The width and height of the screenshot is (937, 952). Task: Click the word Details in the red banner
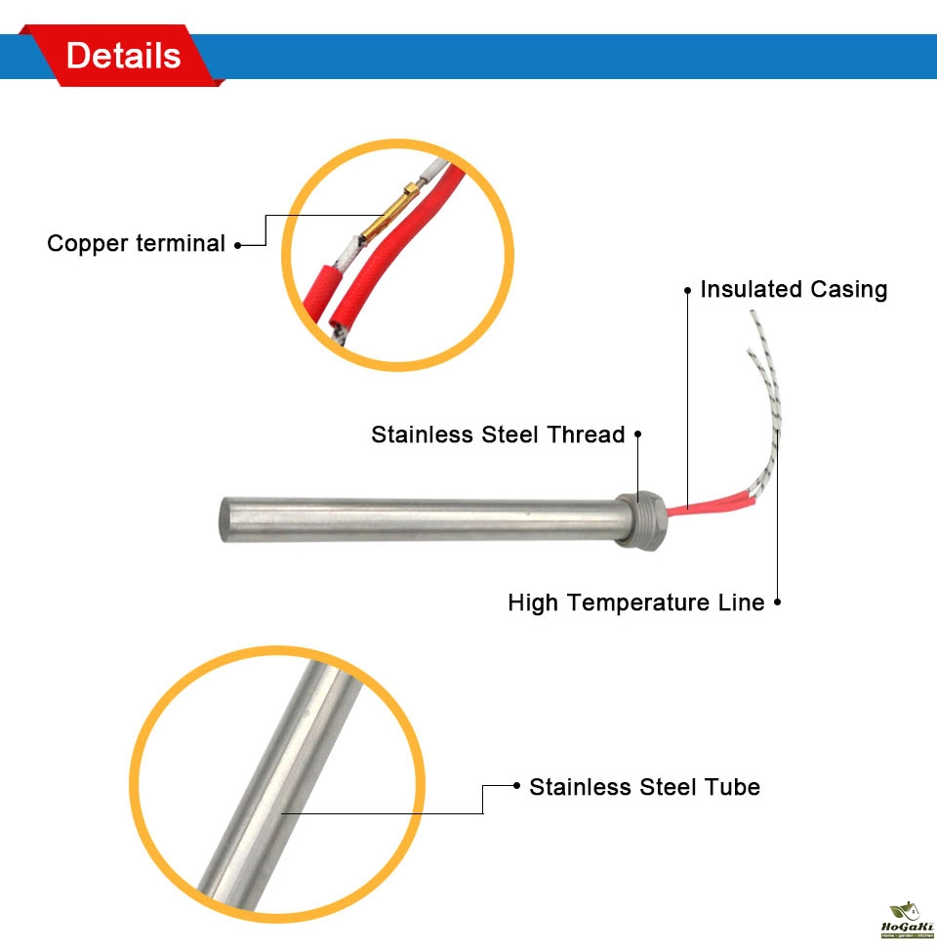click(x=123, y=56)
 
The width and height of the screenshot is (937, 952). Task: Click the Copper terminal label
click(x=136, y=243)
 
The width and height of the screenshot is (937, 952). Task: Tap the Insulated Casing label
click(x=794, y=289)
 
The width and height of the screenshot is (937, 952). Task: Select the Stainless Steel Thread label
click(x=498, y=435)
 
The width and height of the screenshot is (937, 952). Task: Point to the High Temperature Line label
click(x=635, y=602)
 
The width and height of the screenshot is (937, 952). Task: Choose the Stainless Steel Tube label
click(x=644, y=786)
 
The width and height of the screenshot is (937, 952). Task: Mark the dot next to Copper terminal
click(x=237, y=244)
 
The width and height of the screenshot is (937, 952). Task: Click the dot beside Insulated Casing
click(x=688, y=290)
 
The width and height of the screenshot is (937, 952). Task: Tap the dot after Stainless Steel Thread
click(x=637, y=435)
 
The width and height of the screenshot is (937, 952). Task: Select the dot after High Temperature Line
click(x=777, y=602)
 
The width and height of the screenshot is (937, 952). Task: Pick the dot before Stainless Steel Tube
click(x=516, y=786)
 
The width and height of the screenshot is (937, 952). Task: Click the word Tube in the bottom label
click(x=735, y=786)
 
